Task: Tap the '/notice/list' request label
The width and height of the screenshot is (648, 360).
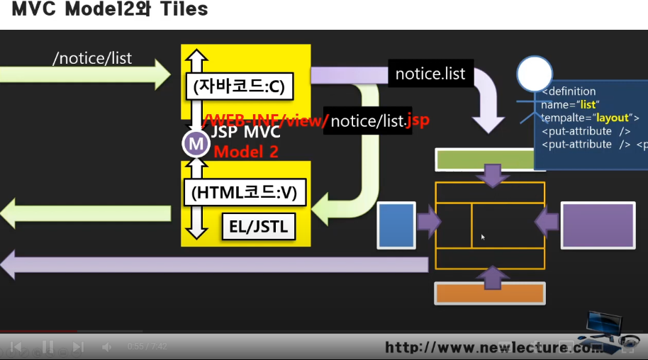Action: click(x=92, y=58)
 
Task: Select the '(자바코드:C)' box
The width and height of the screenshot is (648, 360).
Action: click(x=238, y=87)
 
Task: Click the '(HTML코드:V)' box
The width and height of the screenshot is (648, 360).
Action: click(x=244, y=191)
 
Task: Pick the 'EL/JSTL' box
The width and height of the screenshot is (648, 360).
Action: click(x=258, y=227)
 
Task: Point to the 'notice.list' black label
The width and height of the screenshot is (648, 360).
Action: click(x=430, y=74)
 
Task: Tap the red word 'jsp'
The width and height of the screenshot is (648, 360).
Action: click(x=418, y=120)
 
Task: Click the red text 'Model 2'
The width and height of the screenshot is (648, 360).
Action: click(x=246, y=152)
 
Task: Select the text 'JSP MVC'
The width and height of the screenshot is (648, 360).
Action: click(x=245, y=133)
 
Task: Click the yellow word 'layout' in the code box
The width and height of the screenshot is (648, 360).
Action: click(x=613, y=118)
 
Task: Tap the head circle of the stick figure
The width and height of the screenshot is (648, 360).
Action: click(x=534, y=74)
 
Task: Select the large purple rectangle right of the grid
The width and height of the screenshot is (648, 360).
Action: click(x=598, y=225)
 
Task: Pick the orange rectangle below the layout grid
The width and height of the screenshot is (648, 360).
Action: click(x=490, y=293)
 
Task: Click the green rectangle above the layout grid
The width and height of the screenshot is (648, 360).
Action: click(x=486, y=159)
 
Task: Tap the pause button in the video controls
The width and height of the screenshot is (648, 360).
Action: click(x=48, y=347)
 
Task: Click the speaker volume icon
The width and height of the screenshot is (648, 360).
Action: click(x=106, y=347)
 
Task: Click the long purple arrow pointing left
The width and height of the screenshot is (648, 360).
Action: click(x=213, y=264)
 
